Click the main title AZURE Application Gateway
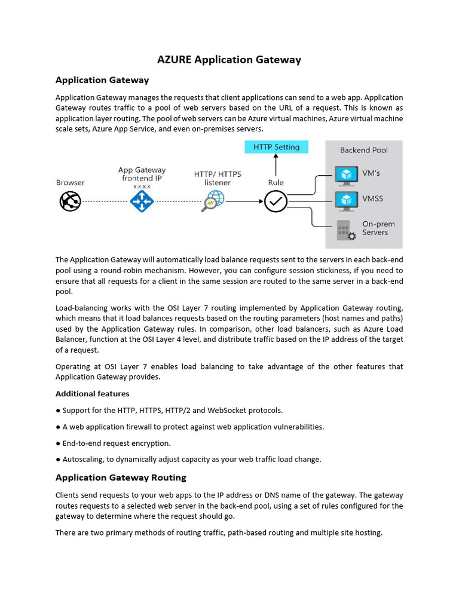(x=229, y=59)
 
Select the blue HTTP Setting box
(x=276, y=147)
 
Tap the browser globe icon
(x=70, y=201)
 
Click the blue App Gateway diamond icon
(x=142, y=201)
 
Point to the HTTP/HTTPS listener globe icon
(x=213, y=201)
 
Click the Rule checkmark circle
(x=276, y=201)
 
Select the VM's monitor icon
(x=345, y=175)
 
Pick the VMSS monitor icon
(x=345, y=199)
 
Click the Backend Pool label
(x=363, y=150)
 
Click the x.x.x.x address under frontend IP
(x=142, y=186)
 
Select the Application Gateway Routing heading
(x=121, y=478)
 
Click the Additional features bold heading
(x=92, y=394)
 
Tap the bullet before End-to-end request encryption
(x=58, y=443)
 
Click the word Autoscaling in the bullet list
(x=82, y=460)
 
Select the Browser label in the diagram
(x=71, y=182)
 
